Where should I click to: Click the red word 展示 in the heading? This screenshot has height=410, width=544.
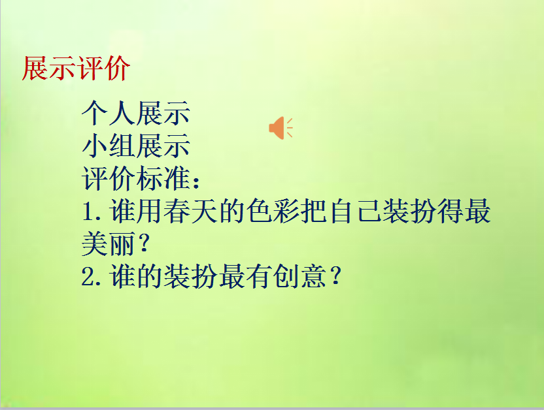(x=48, y=69)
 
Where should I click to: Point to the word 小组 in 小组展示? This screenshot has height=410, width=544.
(x=109, y=146)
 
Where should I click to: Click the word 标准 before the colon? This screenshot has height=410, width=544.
(x=163, y=178)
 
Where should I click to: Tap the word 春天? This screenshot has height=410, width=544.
(x=191, y=212)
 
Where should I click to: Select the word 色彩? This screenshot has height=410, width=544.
(x=273, y=212)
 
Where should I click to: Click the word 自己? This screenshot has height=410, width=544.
(x=356, y=212)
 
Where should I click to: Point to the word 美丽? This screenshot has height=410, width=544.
(x=109, y=245)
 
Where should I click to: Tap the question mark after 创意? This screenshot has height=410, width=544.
(x=336, y=278)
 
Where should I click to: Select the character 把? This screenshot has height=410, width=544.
(x=314, y=212)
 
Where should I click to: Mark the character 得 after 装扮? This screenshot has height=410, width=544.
(x=452, y=212)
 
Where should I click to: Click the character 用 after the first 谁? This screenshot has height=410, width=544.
(x=150, y=212)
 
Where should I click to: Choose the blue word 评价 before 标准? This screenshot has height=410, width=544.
(x=109, y=178)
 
